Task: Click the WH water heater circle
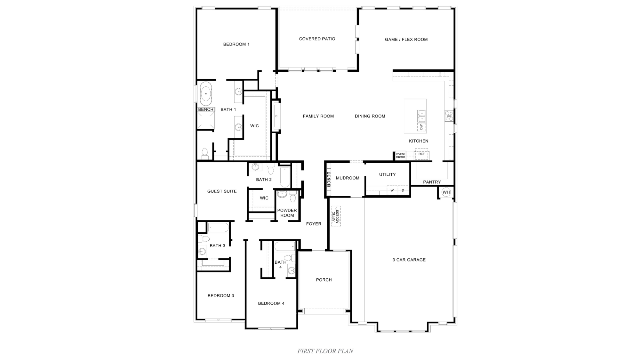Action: click(446, 192)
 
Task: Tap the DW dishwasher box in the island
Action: click(421, 127)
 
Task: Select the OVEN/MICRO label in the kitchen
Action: click(400, 156)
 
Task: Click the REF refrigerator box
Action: click(421, 154)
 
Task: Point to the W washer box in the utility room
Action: click(392, 190)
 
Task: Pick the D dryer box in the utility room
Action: click(403, 190)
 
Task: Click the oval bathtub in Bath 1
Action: click(206, 94)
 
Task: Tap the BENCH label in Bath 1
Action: click(206, 109)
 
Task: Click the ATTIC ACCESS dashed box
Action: click(336, 216)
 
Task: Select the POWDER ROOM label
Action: click(287, 213)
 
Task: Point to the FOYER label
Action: click(314, 224)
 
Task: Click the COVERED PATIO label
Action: click(317, 39)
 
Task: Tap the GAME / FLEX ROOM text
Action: click(406, 39)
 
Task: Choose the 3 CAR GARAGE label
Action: click(409, 260)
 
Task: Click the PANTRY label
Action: click(432, 182)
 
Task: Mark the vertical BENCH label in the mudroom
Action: click(328, 179)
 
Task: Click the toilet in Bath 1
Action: click(205, 154)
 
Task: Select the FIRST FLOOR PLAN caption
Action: click(325, 351)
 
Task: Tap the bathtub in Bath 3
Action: click(219, 228)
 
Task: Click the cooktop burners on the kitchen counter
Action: click(449, 116)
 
